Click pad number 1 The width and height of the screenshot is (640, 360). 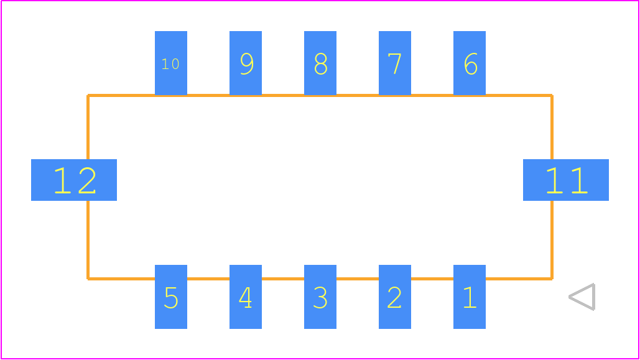(x=470, y=297)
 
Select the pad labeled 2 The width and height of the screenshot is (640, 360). (x=395, y=297)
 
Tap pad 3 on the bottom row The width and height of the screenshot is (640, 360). (x=320, y=297)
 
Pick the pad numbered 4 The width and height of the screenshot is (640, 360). (x=245, y=297)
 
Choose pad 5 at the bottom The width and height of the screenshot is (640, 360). (x=171, y=297)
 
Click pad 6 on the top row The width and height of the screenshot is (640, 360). (x=470, y=63)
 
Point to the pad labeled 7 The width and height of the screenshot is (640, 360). (x=395, y=63)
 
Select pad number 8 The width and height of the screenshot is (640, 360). (x=320, y=63)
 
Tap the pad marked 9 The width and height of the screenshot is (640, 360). (x=245, y=63)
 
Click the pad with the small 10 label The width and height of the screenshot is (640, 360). (x=171, y=63)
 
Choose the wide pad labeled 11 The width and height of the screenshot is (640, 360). (x=566, y=180)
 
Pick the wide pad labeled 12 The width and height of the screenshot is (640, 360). (x=74, y=180)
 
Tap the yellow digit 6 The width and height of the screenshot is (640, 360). (x=471, y=63)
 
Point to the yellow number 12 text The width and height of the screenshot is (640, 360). (x=75, y=180)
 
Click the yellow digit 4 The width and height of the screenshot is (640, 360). (x=245, y=297)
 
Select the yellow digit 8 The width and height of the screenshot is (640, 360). (x=321, y=63)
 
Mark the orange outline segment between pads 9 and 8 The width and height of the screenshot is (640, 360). (x=283, y=96)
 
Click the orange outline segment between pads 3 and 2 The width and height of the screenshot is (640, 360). (x=358, y=279)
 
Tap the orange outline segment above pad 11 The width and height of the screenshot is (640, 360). (x=552, y=127)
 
